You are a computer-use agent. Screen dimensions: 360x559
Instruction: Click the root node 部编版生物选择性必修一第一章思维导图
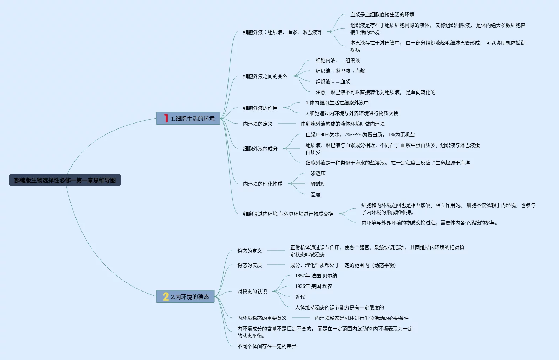click(65, 180)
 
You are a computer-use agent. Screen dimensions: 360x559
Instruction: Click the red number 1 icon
click(165, 118)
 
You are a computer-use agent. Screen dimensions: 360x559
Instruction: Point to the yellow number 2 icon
click(165, 296)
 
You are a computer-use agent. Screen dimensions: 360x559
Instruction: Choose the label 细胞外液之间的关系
click(265, 76)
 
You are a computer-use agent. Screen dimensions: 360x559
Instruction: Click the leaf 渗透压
click(318, 173)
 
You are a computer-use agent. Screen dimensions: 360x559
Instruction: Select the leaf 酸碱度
click(318, 184)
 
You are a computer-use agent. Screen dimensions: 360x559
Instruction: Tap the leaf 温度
click(315, 194)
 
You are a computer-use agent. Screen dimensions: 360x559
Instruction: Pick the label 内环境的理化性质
click(262, 184)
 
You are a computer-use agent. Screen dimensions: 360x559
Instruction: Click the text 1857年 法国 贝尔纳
click(316, 276)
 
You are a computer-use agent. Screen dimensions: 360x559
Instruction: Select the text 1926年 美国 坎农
click(313, 286)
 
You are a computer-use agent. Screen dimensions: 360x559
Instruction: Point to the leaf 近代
click(300, 297)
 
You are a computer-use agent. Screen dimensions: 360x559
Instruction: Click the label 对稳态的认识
click(252, 292)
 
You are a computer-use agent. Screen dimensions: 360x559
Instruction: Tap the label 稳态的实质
click(249, 265)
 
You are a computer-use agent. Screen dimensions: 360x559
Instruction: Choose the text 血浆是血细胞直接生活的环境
click(382, 14)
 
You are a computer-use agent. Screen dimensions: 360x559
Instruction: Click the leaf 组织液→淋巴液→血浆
click(340, 71)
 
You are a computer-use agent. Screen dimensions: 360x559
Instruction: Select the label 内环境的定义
click(257, 124)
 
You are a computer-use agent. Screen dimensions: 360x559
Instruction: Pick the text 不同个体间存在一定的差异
click(267, 346)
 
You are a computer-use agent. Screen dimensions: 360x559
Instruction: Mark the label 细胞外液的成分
click(260, 149)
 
